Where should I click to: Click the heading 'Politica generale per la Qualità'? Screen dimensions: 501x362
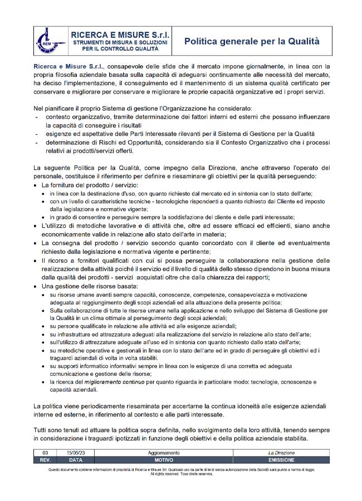coord(252,41)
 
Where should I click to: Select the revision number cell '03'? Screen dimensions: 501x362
coord(45,454)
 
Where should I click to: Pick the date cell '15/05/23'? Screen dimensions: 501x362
coord(75,454)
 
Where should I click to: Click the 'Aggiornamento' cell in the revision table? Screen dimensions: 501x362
coord(164,454)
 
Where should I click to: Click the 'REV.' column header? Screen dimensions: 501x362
coord(45,460)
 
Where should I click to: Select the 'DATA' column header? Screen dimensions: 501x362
coord(75,460)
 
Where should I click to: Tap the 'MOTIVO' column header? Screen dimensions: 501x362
coord(164,460)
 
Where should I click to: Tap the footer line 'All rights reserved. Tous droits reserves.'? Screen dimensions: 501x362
coord(182,474)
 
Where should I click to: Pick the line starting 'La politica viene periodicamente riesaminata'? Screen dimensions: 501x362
coord(184,406)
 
